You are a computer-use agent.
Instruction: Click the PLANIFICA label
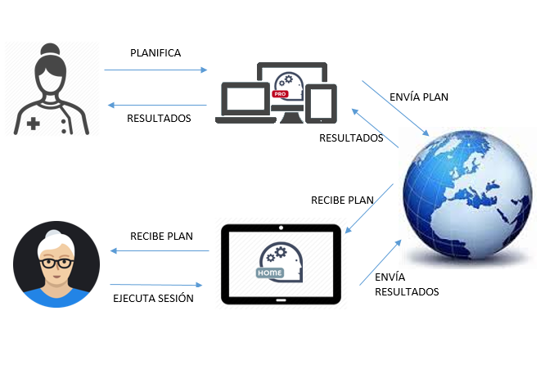point(155,53)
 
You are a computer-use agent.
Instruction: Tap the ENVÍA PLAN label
point(420,97)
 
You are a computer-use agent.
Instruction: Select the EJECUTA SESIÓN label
point(153,298)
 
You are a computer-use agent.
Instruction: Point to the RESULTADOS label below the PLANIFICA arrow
point(159,118)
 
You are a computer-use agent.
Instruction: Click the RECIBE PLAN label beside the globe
point(342,200)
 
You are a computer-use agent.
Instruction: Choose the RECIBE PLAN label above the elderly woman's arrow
point(161,236)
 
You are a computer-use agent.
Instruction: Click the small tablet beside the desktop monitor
point(322,103)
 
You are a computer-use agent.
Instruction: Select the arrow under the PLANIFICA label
point(155,70)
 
